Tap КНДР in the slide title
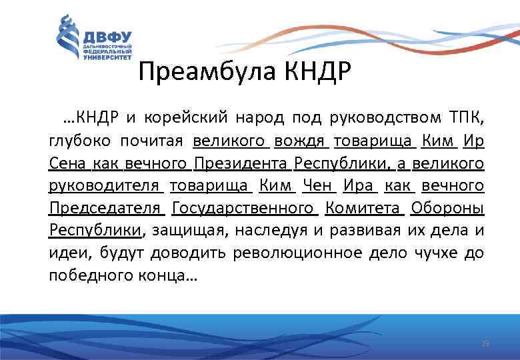coord(314,71)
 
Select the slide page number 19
coord(485,343)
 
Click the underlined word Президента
coord(241,164)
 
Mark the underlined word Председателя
coord(106,209)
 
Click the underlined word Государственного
coord(243,209)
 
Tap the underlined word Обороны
coord(447,209)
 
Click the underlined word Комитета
coord(364,209)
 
